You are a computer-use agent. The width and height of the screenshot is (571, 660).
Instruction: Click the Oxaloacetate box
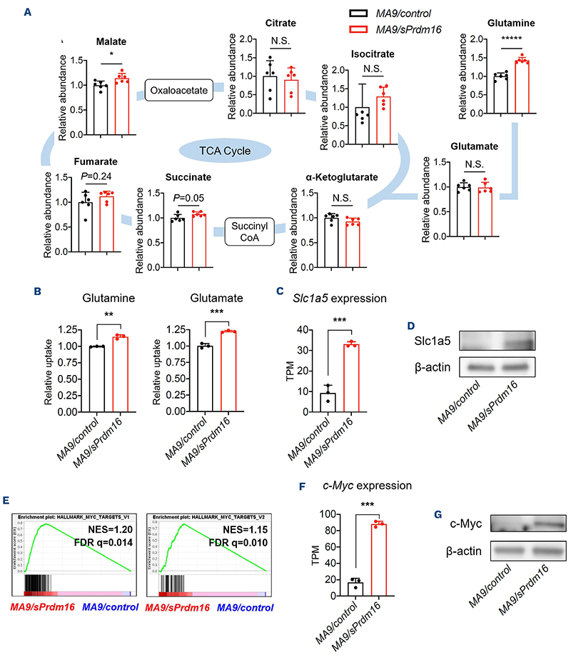coord(174,91)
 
